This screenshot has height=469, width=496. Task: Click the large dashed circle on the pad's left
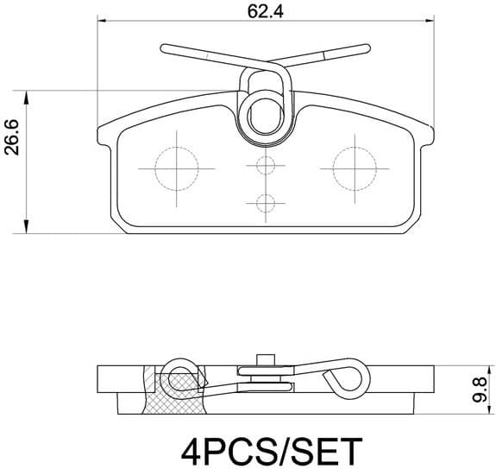click(x=176, y=167)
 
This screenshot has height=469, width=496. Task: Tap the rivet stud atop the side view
click(x=266, y=358)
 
